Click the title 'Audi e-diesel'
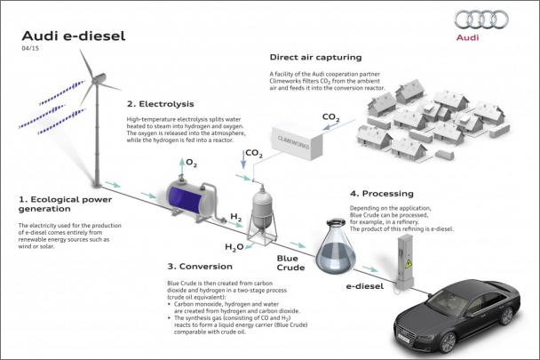(x=60, y=36)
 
